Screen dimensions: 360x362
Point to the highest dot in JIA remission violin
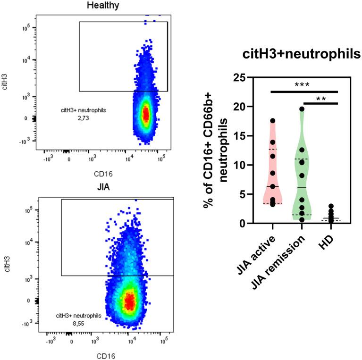[302, 109]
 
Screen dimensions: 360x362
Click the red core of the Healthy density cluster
[146, 114]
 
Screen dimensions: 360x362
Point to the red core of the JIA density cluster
[128, 299]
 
